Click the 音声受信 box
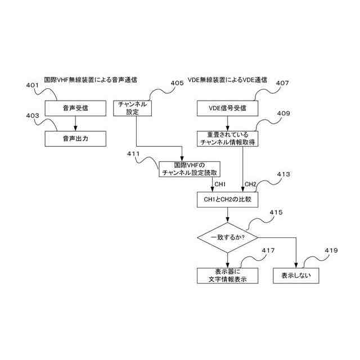pos(75,107)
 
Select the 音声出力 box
pos(75,138)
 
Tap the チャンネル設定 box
pos(133,107)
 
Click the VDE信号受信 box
pos(228,107)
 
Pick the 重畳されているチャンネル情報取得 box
pos(228,139)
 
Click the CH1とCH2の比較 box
pos(228,200)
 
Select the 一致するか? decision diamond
pos(227,237)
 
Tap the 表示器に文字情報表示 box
pos(228,275)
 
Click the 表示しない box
pos(296,275)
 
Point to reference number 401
pos(33,85)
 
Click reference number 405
pos(177,83)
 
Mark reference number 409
pos(283,114)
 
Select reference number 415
pos(276,212)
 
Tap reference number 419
pos(332,250)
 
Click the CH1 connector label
pos(219,184)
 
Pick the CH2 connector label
pos(250,184)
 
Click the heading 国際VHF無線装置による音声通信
pos(91,80)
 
